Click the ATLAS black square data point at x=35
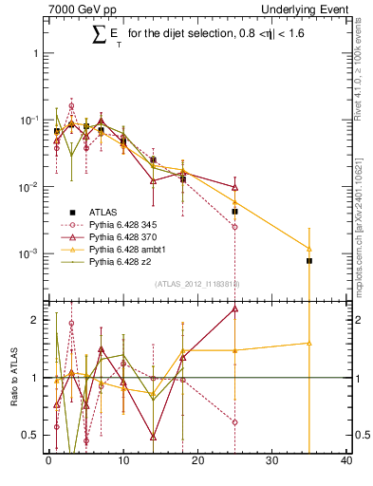click(309, 260)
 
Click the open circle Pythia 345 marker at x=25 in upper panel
click(234, 227)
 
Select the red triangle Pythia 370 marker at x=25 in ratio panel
click(234, 308)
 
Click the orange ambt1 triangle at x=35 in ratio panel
click(309, 343)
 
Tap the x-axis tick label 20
click(197, 462)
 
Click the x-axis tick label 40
click(346, 462)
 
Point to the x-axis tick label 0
click(48, 462)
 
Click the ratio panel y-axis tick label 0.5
click(31, 436)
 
